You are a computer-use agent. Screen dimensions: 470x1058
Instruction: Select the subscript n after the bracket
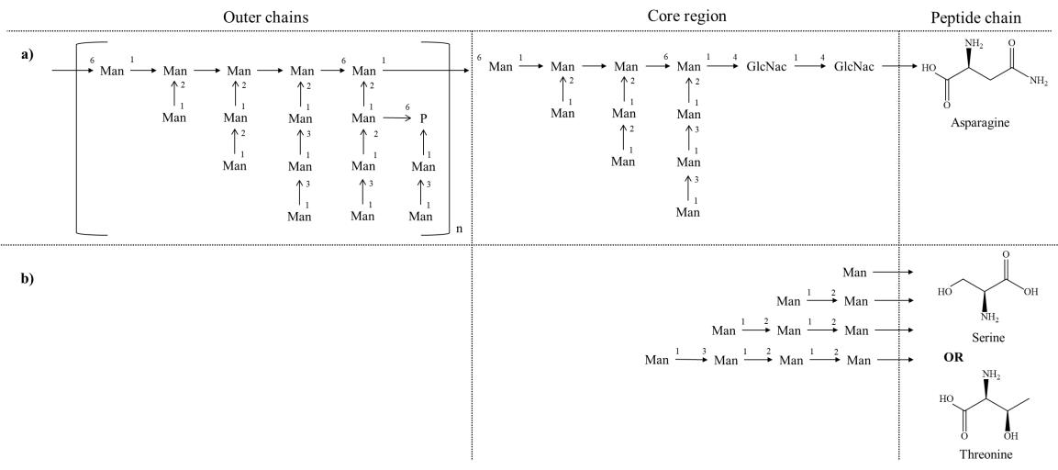458,241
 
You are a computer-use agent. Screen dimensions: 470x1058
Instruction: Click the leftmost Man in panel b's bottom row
657,359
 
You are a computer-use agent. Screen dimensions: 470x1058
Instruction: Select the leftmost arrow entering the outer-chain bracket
73,69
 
